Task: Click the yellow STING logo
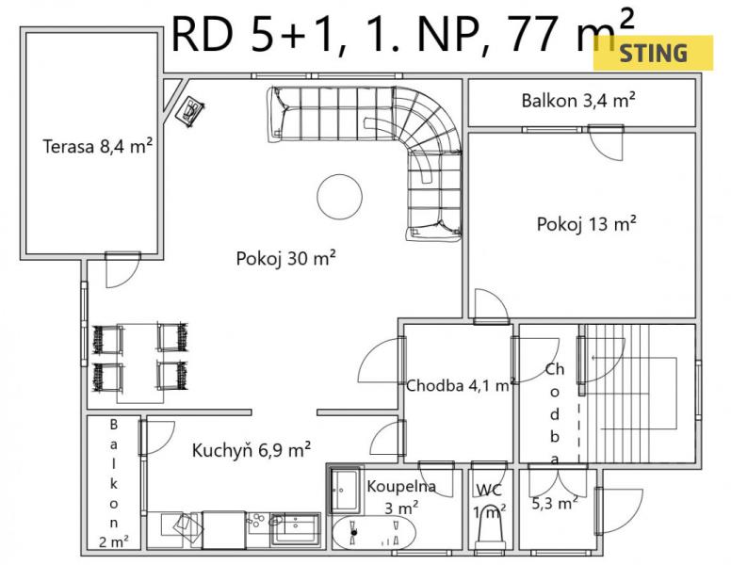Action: pyautogui.click(x=653, y=53)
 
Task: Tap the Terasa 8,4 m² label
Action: pyautogui.click(x=97, y=146)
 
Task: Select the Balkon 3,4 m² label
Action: pyautogui.click(x=578, y=100)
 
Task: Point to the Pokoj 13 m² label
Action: pyautogui.click(x=587, y=224)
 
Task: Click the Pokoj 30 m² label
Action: pyautogui.click(x=286, y=258)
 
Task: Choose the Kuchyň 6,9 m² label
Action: pyautogui.click(x=252, y=450)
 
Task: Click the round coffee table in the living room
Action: pyautogui.click(x=339, y=197)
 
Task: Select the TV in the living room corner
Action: pyautogui.click(x=190, y=111)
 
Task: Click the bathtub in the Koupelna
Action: pyautogui.click(x=373, y=532)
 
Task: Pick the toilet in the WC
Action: pyautogui.click(x=490, y=528)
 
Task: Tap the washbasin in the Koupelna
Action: pyautogui.click(x=345, y=490)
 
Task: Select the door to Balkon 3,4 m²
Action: pyautogui.click(x=606, y=142)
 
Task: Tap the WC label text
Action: pyautogui.click(x=489, y=490)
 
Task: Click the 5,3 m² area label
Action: pyautogui.click(x=555, y=503)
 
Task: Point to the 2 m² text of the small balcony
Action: pyautogui.click(x=114, y=541)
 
